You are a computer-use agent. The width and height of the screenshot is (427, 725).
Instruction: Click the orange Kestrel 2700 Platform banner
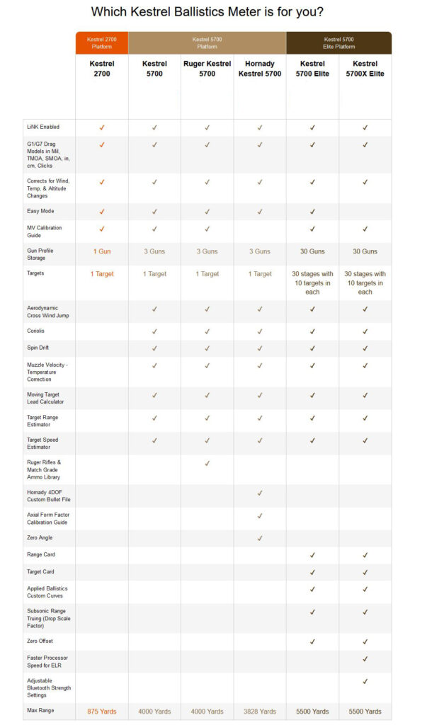(x=102, y=42)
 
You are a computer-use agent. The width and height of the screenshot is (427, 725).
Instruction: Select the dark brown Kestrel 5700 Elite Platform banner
(x=338, y=42)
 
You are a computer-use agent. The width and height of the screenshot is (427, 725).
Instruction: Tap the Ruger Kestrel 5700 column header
(x=207, y=69)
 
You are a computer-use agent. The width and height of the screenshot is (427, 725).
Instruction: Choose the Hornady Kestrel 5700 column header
(x=260, y=69)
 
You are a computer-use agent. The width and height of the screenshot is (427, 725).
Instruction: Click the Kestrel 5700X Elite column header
(x=365, y=69)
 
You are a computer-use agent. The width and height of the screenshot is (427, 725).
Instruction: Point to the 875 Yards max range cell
(x=102, y=711)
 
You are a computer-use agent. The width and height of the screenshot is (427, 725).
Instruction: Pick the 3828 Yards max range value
(x=260, y=711)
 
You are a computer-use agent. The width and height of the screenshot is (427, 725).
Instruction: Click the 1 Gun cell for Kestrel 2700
(x=102, y=251)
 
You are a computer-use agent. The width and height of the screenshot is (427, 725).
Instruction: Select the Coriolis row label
(x=35, y=331)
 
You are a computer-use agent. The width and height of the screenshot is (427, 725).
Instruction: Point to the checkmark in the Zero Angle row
(x=260, y=538)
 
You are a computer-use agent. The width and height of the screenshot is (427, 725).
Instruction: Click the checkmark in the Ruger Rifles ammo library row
(x=207, y=463)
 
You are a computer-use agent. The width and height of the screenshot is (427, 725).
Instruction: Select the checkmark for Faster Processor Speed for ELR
(x=365, y=658)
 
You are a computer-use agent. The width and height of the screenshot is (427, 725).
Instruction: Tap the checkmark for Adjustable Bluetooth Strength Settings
(x=365, y=681)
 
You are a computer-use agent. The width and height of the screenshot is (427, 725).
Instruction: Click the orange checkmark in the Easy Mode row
(x=102, y=211)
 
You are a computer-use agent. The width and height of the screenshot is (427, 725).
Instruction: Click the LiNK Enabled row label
(x=42, y=127)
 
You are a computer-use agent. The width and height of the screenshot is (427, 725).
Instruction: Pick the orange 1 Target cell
(x=102, y=274)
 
